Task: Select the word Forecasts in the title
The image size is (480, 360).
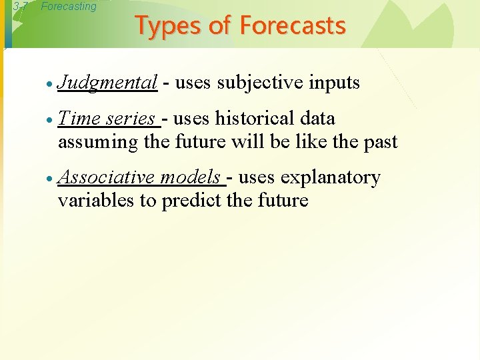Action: pyautogui.click(x=293, y=26)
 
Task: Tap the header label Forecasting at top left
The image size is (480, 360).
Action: pyautogui.click(x=69, y=7)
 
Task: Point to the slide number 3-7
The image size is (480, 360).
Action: pyautogui.click(x=20, y=7)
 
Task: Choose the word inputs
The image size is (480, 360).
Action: pyautogui.click(x=334, y=83)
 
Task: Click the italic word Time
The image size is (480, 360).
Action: pyautogui.click(x=79, y=119)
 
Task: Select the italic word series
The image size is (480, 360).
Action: pyautogui.click(x=131, y=119)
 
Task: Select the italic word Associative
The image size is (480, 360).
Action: pyautogui.click(x=107, y=177)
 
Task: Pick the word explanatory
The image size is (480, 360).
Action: pyautogui.click(x=331, y=178)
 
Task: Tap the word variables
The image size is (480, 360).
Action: pyautogui.click(x=96, y=201)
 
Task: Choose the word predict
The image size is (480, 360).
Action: pyautogui.click(x=193, y=201)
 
